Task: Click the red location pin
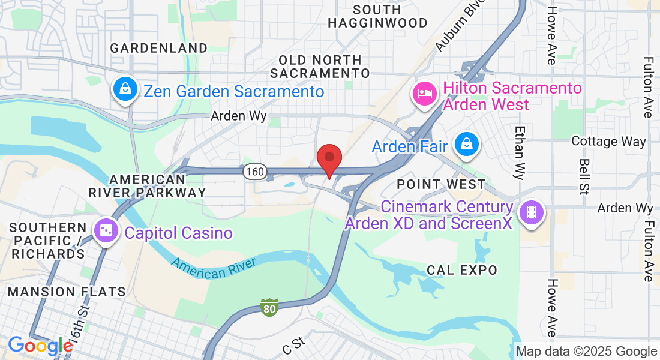(x=329, y=158)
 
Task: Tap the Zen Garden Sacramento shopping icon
(x=124, y=90)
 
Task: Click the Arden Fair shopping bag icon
(x=466, y=144)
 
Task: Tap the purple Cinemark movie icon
(x=531, y=212)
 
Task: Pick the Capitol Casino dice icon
(x=106, y=231)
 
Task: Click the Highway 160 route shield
(x=254, y=172)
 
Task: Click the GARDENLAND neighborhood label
(x=159, y=48)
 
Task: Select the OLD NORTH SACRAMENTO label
(x=320, y=67)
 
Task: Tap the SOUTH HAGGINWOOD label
(x=377, y=16)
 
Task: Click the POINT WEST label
(x=441, y=184)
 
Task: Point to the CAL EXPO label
(x=462, y=270)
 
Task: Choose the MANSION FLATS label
(x=67, y=292)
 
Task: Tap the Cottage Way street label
(x=608, y=142)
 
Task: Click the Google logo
(x=40, y=346)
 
